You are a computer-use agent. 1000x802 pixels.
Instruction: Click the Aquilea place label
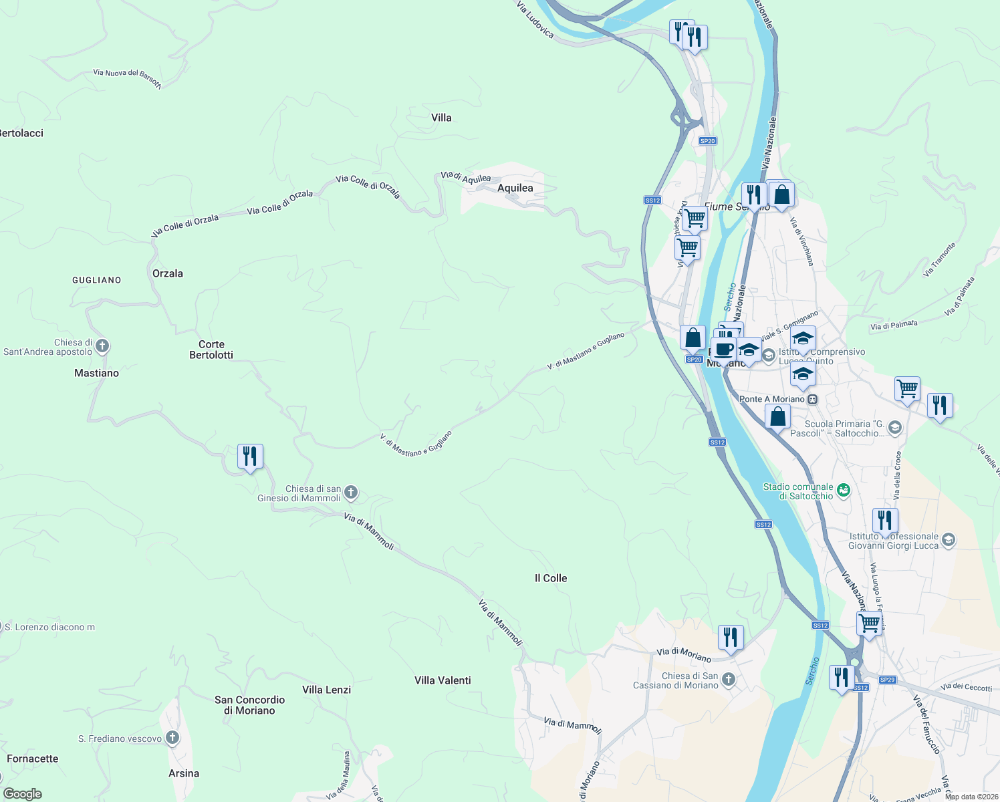515,188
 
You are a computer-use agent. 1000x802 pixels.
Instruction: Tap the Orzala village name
167,273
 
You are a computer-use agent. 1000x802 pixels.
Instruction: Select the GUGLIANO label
97,280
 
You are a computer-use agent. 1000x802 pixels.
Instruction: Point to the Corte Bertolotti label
211,350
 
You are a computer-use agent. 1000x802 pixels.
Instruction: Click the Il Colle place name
551,578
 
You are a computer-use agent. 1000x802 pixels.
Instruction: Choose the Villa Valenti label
443,680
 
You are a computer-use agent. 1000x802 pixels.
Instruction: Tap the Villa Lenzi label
326,690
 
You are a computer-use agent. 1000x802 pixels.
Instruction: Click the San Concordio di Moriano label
249,705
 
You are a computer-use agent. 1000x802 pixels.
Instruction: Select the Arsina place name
184,773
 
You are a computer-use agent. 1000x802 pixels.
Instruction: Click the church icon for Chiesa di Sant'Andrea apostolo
102,346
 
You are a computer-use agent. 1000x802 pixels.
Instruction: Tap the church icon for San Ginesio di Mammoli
351,493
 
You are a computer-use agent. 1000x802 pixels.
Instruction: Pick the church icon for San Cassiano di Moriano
729,680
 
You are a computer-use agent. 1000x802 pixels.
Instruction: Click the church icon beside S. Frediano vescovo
172,738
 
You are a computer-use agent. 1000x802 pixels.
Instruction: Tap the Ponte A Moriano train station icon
812,399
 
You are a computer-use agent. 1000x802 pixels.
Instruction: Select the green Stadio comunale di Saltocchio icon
844,491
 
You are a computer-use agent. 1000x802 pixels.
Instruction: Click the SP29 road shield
887,680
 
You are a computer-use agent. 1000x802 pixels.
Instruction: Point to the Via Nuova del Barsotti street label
127,78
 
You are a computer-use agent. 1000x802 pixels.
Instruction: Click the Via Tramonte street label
939,259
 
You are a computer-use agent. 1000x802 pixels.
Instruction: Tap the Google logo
23,793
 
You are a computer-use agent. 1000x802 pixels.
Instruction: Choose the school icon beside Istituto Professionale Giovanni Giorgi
949,540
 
